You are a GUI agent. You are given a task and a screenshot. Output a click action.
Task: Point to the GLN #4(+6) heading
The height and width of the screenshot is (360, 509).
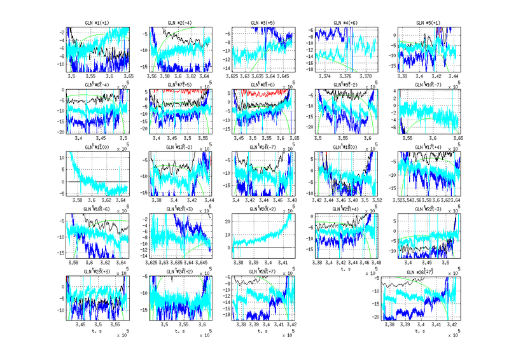(x=345, y=22)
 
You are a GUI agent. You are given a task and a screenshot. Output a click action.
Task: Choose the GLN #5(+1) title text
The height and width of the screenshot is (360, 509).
(x=426, y=22)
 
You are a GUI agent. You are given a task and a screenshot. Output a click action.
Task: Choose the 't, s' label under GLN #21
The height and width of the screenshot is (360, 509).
(x=345, y=268)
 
